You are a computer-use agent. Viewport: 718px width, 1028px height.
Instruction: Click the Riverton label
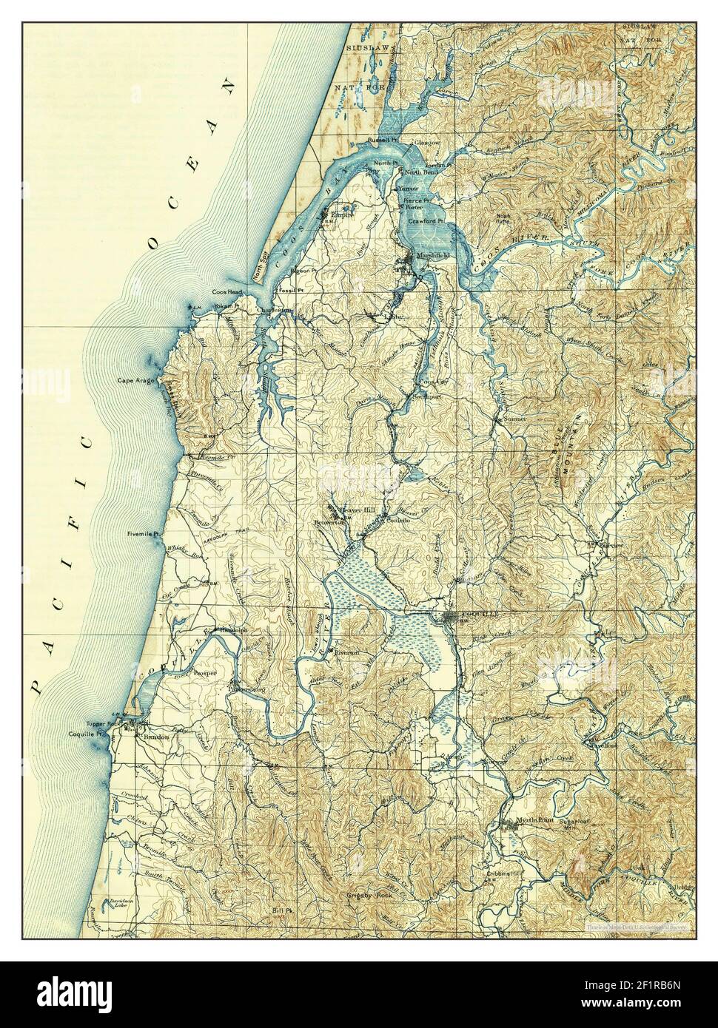346,653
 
